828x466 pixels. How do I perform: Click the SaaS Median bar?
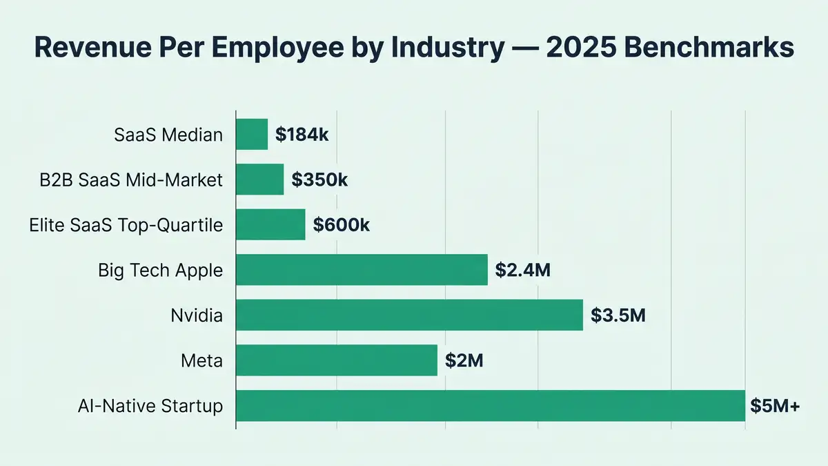pos(252,134)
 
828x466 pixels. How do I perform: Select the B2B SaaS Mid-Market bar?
pos(260,179)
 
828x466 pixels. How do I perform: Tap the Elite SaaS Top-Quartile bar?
pos(270,224)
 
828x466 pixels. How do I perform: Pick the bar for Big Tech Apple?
pos(362,270)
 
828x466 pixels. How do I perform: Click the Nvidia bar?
pos(409,315)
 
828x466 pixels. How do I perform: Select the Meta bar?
pos(337,360)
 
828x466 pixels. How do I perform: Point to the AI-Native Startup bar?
pos(491,405)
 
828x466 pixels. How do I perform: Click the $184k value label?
pos(302,135)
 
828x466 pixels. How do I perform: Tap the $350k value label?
pos(319,180)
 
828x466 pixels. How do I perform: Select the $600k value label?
pos(342,225)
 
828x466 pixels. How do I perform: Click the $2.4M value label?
pos(522,271)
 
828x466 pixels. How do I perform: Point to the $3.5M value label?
pos(618,316)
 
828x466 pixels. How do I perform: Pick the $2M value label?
pos(464,361)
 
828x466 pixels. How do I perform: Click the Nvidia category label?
pos(197,315)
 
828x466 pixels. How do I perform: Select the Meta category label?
pos(201,360)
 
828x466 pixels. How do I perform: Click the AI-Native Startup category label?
pos(151,406)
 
